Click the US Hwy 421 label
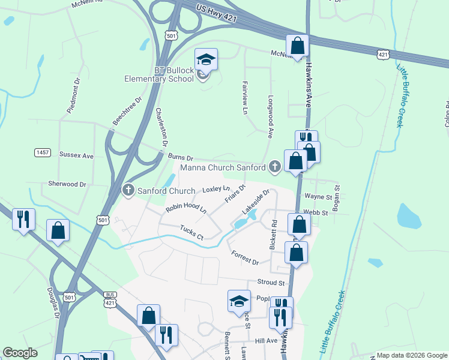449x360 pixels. [217, 14]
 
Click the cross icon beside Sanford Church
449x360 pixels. [128, 191]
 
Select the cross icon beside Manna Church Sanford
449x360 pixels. [275, 167]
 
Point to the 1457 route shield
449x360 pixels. [43, 153]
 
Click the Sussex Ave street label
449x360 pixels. [76, 155]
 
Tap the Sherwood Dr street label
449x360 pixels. [67, 184]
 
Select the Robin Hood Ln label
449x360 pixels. [186, 209]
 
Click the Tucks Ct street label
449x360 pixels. [192, 232]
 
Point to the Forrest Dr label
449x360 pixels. [245, 257]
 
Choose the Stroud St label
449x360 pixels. [270, 282]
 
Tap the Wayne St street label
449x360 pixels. [318, 196]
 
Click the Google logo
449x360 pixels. [20, 353]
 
